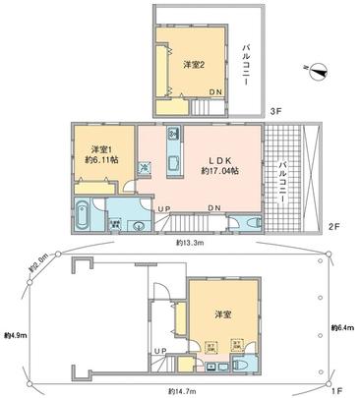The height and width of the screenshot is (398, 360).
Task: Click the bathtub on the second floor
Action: click(x=83, y=212)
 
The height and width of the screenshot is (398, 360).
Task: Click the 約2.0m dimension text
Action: click(x=40, y=264)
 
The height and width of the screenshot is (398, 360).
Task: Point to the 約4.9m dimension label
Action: click(x=14, y=334)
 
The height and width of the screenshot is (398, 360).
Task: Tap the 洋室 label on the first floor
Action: click(x=223, y=314)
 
